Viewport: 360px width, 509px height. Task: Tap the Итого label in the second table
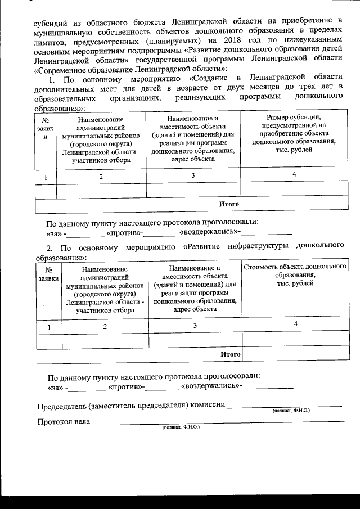click(x=230, y=354)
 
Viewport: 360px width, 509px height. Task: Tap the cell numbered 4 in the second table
click(x=295, y=325)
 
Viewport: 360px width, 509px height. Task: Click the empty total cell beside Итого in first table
click(x=297, y=204)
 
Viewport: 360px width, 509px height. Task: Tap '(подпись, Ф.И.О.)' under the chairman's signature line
click(x=290, y=411)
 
